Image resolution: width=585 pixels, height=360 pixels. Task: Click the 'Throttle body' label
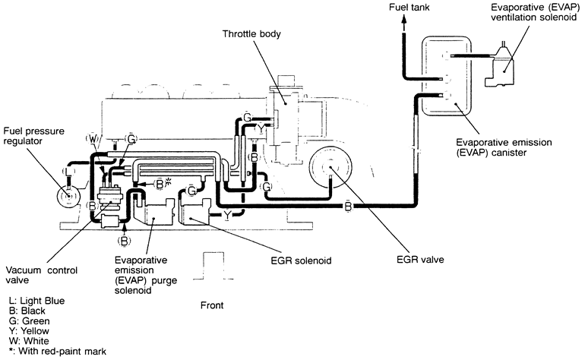(x=251, y=34)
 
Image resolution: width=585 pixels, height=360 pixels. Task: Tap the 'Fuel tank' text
(x=409, y=8)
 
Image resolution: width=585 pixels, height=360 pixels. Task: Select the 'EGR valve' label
(x=420, y=260)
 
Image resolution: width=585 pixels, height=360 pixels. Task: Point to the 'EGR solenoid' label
(x=301, y=261)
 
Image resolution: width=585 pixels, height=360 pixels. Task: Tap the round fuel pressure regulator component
(x=68, y=196)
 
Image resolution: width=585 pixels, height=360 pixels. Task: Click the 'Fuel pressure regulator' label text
(x=34, y=136)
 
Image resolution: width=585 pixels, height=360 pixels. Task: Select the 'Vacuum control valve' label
(x=42, y=275)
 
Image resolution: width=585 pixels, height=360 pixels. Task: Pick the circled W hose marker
(x=92, y=139)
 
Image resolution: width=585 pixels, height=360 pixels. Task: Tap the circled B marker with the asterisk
(x=163, y=184)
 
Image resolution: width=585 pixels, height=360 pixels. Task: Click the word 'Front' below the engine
(x=212, y=305)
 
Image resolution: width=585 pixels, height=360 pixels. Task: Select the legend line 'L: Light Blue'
(x=36, y=301)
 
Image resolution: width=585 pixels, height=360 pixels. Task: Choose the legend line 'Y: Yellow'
(x=29, y=331)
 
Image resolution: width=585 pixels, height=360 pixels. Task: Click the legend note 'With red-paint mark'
(x=62, y=351)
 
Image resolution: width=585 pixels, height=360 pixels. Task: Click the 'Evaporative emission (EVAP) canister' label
(x=504, y=147)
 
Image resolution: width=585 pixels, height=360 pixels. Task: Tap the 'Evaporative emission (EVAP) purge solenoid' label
(x=146, y=275)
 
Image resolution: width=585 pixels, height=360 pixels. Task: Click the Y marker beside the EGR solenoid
(x=227, y=215)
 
